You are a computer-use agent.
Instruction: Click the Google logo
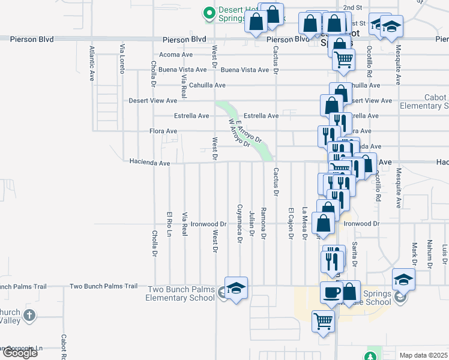(19, 353)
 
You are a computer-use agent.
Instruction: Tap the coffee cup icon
(331, 293)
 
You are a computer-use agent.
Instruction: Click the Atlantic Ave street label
(92, 63)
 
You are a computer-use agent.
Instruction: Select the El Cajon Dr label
(290, 223)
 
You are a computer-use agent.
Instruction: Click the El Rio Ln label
(169, 223)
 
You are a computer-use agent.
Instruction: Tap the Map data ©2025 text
(423, 356)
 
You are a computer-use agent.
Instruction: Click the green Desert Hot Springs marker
(209, 12)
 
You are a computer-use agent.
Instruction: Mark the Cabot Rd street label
(62, 347)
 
